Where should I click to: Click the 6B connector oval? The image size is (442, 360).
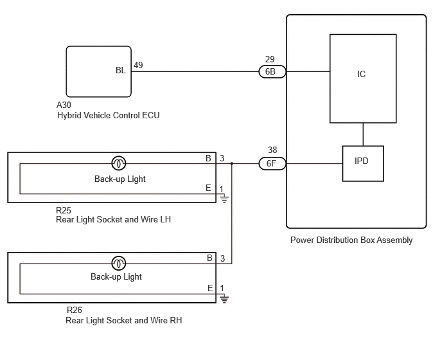click(272, 71)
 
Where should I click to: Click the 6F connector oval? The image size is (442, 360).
click(272, 164)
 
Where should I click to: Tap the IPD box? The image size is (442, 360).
click(363, 164)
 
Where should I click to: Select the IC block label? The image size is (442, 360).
click(361, 74)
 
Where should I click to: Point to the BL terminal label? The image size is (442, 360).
click(121, 70)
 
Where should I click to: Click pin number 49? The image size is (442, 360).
click(138, 65)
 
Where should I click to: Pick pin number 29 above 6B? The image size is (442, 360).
click(270, 59)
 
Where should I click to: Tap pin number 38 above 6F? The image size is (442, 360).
click(272, 150)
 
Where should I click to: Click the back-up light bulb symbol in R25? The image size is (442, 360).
click(119, 163)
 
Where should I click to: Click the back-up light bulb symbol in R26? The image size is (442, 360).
click(119, 264)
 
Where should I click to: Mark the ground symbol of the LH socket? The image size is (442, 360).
click(224, 199)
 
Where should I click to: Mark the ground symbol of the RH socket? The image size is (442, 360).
click(224, 299)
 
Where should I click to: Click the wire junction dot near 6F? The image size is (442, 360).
click(232, 164)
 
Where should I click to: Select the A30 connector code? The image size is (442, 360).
click(64, 105)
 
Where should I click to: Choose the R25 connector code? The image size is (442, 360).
click(64, 210)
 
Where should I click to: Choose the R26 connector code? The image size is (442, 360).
click(75, 310)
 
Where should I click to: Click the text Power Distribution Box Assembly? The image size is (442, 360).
click(351, 240)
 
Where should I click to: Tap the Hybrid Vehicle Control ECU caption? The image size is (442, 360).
click(108, 115)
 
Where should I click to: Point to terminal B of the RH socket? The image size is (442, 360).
click(209, 258)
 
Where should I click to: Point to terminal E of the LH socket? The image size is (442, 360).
click(208, 188)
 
